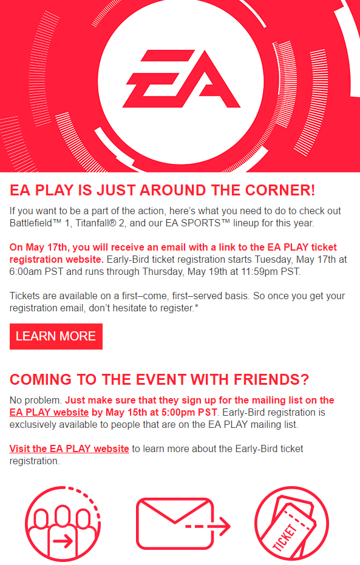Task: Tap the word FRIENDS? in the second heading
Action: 271,379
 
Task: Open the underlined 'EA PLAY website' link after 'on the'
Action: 49,412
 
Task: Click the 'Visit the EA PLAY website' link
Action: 69,448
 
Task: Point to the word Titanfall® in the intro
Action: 96,223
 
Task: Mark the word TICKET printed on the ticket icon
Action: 285,538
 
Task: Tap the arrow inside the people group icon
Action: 63,541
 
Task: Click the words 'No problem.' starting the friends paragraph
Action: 36,401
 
